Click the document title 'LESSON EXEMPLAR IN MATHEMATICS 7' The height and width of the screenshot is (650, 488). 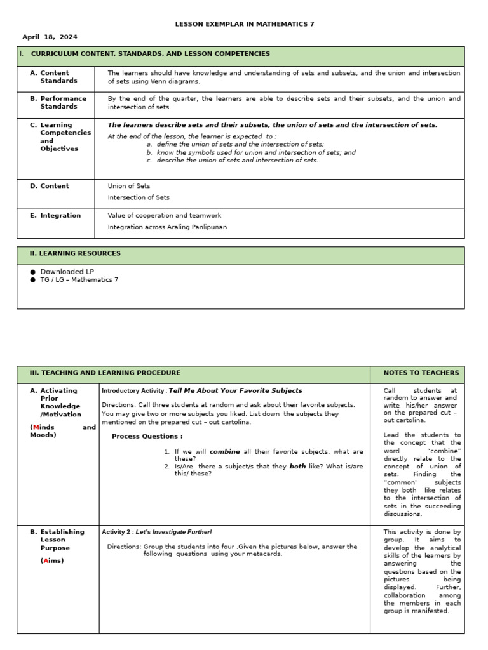click(x=244, y=24)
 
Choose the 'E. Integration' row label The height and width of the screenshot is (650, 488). click(x=55, y=215)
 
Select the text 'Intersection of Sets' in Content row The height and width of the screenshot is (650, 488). click(x=139, y=197)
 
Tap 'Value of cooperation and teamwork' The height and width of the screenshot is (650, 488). click(x=165, y=215)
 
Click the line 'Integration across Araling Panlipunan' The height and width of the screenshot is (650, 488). click(x=167, y=227)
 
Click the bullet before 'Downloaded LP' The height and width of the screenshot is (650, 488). click(x=33, y=272)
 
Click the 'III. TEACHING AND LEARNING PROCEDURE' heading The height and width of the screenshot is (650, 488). click(x=105, y=373)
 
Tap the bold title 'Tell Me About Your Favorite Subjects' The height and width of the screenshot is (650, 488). click(x=235, y=390)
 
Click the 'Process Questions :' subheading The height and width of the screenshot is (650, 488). click(x=147, y=436)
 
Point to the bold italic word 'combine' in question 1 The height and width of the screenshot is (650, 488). click(x=224, y=451)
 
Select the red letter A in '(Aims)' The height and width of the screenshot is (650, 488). click(x=45, y=560)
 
